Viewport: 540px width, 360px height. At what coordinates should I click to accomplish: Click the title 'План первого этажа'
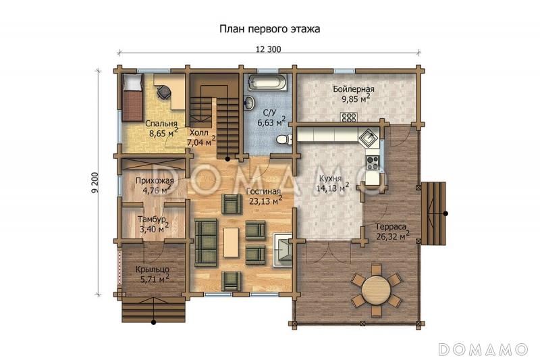coord(269,29)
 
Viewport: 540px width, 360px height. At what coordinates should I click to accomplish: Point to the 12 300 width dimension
coord(269,49)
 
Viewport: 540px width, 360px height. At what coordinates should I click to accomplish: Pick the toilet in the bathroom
coord(284,139)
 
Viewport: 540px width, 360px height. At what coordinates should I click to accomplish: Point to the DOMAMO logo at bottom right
coord(483,349)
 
